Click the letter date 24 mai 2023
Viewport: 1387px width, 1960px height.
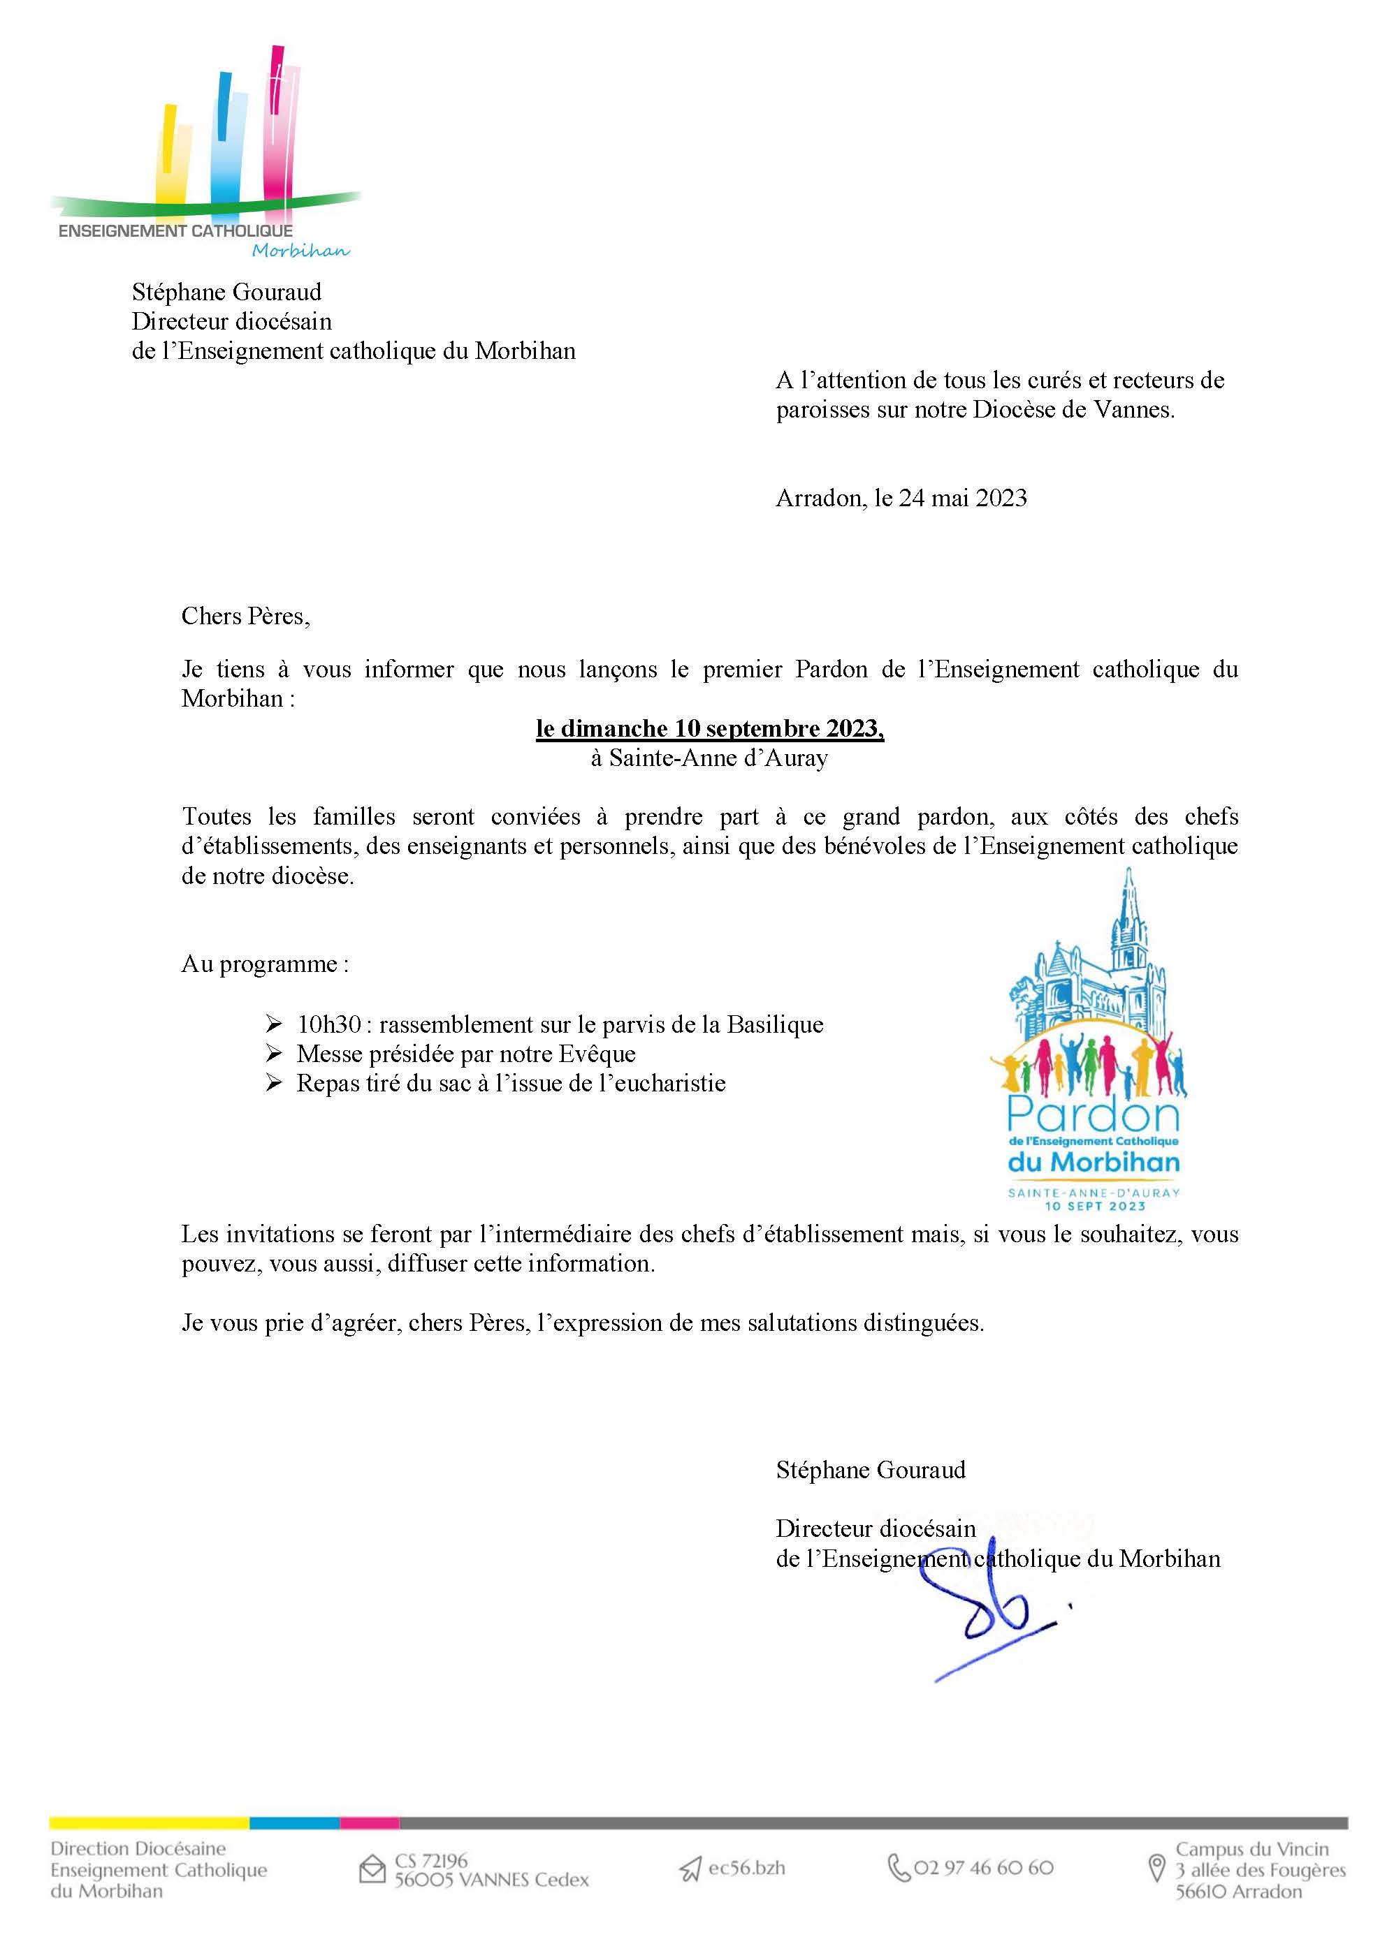click(x=963, y=499)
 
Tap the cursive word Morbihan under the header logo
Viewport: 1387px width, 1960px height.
click(x=300, y=250)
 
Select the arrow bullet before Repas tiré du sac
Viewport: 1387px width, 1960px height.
click(x=273, y=1083)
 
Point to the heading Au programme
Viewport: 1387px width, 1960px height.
click(x=265, y=964)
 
